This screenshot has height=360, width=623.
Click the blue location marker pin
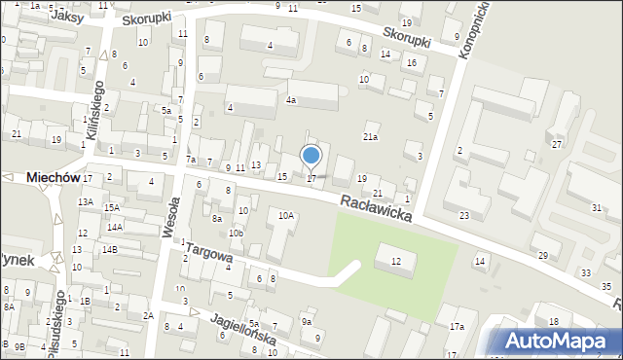(311, 156)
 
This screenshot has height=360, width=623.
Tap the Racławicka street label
(375, 208)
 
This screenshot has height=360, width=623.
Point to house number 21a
(370, 137)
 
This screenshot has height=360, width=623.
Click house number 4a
(290, 100)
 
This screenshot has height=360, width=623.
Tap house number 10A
(286, 216)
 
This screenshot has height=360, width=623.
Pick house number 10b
(236, 234)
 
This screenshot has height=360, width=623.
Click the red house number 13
(256, 164)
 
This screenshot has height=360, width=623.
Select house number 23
(464, 215)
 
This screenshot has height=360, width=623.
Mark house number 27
(557, 144)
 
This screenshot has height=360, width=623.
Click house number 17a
(457, 327)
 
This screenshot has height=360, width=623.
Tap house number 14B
(110, 250)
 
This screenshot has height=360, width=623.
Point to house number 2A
(148, 315)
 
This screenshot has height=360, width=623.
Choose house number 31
(596, 208)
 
